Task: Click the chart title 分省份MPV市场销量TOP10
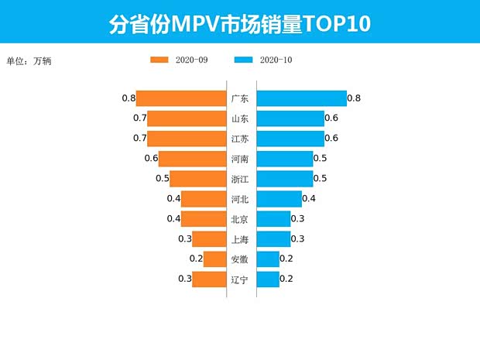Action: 239,23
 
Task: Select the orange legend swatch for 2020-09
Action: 160,60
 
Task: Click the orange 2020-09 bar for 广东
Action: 181,98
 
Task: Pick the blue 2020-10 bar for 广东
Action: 301,98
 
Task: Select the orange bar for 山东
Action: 187,118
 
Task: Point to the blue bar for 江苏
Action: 290,139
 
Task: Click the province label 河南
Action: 240,159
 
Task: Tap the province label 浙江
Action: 240,179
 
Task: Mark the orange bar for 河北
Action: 204,199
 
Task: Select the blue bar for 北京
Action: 273,219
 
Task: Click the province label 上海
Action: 240,239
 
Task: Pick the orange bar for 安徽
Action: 214,259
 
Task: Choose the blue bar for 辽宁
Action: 268,279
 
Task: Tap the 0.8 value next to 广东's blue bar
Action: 354,98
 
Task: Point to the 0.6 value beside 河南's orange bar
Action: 151,159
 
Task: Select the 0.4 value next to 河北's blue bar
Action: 309,199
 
